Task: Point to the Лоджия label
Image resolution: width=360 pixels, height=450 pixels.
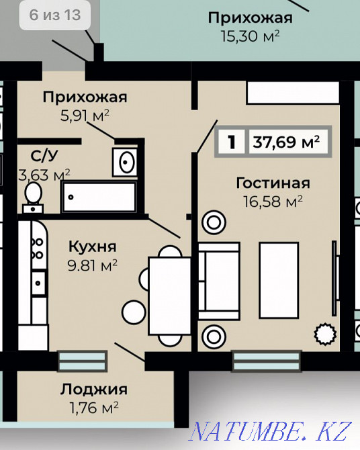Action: pos(93,389)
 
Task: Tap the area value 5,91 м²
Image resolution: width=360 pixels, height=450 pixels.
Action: pos(85,115)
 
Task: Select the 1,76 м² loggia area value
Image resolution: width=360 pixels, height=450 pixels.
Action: pos(93,406)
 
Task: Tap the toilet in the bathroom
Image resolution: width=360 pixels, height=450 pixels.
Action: pos(32,195)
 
